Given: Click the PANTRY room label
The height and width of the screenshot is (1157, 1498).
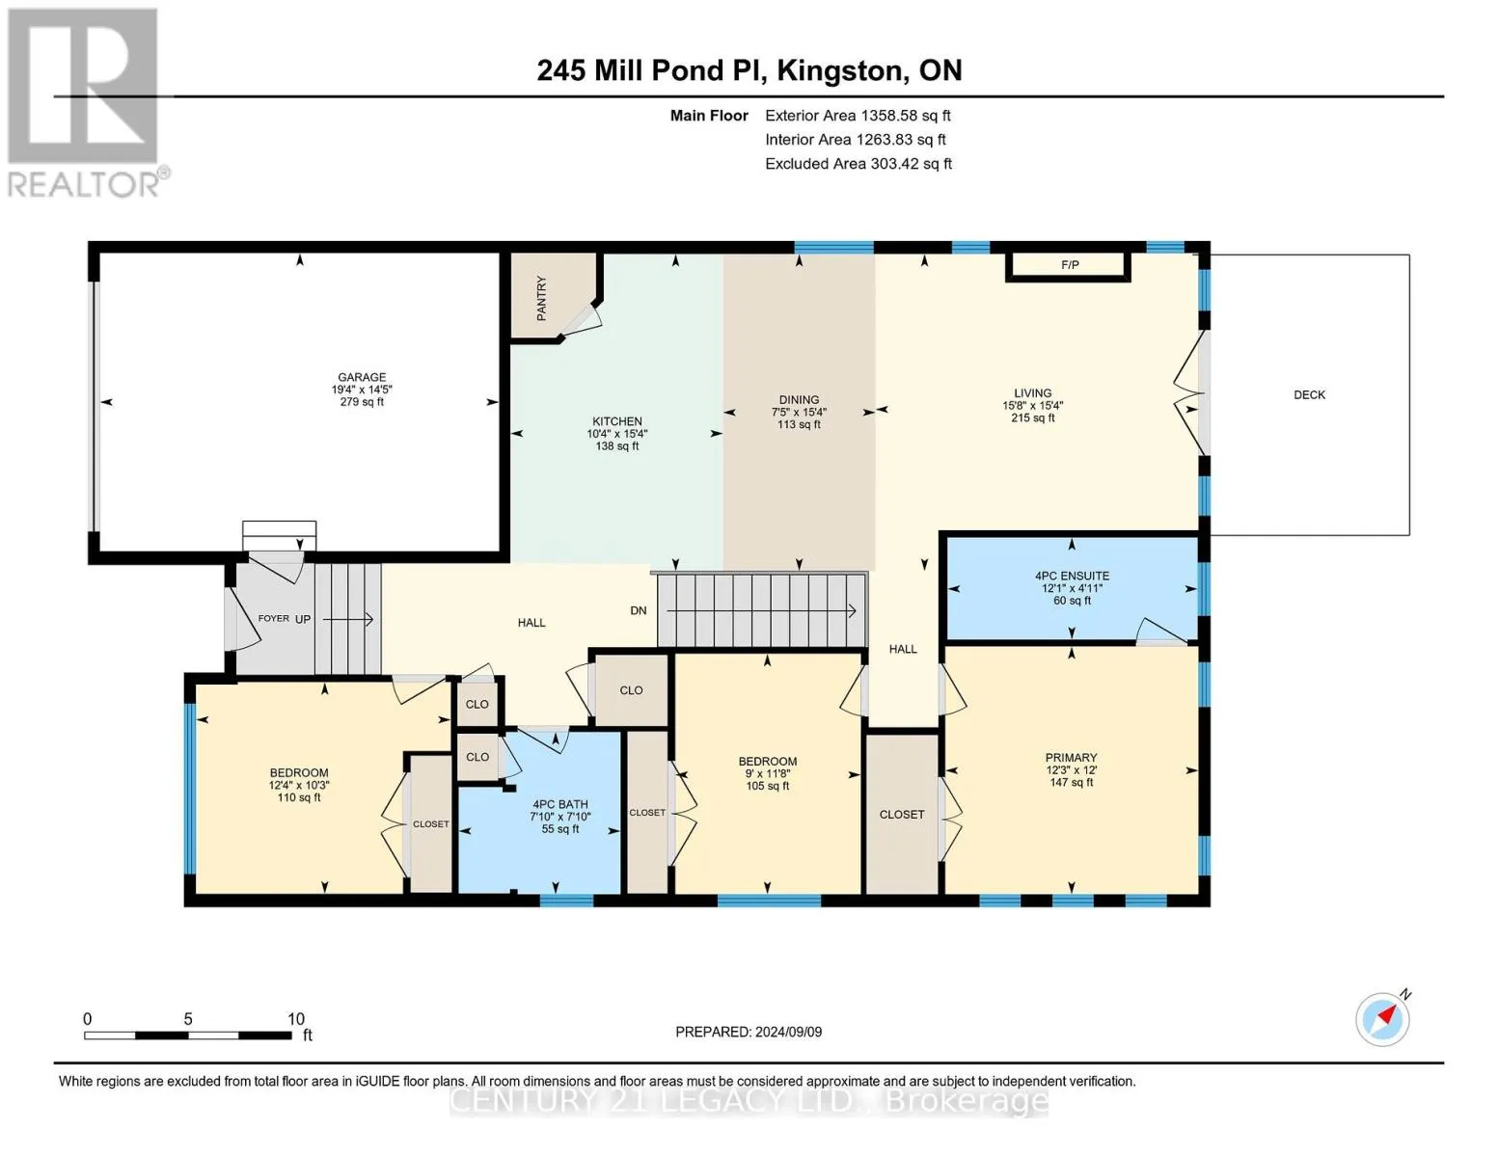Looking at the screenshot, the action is pos(541,298).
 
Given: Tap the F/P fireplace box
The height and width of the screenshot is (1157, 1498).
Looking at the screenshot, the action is pos(1068,266).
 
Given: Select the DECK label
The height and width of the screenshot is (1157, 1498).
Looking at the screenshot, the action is pos(1309,395).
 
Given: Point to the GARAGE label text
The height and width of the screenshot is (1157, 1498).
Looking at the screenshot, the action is pos(361,377).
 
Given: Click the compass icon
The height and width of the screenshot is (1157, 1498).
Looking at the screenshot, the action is pos(1383,1018).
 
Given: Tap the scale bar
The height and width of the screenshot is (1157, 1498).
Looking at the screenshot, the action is pos(188,1035).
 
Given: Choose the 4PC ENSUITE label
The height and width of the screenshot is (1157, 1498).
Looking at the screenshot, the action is pos(1072,576).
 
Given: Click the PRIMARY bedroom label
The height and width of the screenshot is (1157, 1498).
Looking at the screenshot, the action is pos(1071,757).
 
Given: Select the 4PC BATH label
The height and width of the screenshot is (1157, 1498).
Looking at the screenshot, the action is pos(559,804).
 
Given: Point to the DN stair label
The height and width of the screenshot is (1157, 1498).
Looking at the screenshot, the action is pos(639,610).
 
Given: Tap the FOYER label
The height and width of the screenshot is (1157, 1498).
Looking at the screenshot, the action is pos(274,618).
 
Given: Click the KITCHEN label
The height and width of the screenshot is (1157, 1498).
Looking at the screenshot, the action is pos(617,421).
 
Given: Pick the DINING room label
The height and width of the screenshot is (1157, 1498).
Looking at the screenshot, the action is pos(799,400).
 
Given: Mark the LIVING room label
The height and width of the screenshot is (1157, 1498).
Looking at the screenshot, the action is pos(1033,392).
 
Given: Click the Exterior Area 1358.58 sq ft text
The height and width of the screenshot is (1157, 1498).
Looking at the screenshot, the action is pos(858,116).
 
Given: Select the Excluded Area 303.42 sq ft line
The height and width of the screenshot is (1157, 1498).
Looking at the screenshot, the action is pos(858,164).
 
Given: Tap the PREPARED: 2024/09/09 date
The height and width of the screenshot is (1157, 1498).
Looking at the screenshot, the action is pos(749,1032).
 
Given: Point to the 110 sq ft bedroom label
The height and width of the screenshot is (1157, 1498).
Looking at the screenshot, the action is pos(299,797).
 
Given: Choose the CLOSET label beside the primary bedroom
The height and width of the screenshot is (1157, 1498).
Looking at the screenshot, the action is pos(902,815).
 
